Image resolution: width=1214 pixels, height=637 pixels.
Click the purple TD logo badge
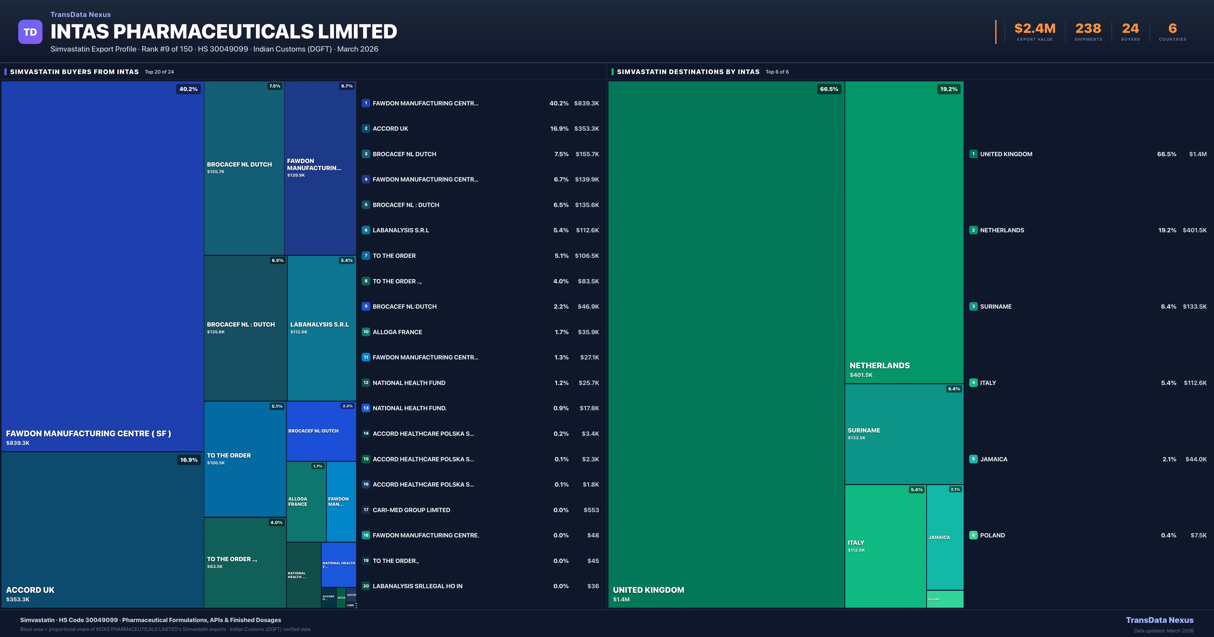click(30, 32)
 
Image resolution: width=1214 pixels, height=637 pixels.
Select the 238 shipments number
click(1088, 29)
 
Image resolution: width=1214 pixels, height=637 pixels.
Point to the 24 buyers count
click(1130, 29)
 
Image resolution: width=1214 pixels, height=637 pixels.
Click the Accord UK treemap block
click(102, 530)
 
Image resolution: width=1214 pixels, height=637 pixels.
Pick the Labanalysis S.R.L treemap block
click(321, 328)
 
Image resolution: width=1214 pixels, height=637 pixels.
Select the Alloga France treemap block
click(306, 501)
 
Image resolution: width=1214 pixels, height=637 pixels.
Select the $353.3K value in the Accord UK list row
click(586, 129)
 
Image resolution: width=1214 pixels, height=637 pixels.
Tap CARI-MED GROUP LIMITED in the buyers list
click(411, 510)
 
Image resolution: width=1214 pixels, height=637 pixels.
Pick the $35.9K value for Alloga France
click(588, 332)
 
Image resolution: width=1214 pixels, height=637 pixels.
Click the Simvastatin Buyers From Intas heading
click(74, 72)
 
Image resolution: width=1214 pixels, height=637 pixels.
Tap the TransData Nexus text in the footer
click(1159, 620)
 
